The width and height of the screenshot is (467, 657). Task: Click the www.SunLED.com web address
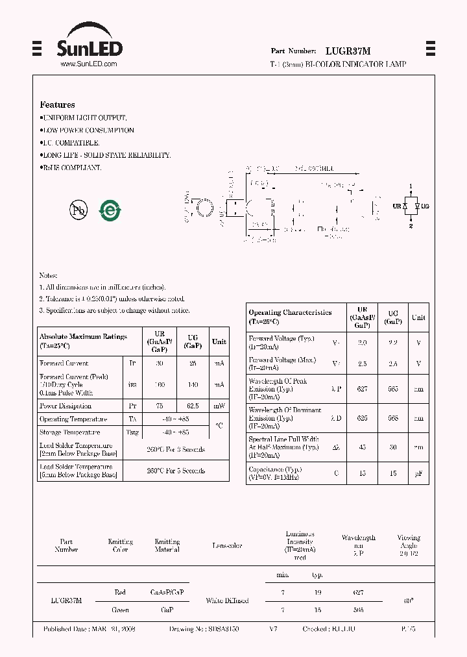pos(88,64)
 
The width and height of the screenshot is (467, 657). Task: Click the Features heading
pos(57,105)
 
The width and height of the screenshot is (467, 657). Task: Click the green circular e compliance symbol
pos(110,210)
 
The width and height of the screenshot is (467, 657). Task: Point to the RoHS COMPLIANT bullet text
pos(71,168)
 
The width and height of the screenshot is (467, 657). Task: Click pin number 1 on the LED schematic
pos(411,186)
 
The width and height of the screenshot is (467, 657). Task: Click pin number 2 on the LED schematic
pos(411,226)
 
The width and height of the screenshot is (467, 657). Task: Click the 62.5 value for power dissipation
pos(193,406)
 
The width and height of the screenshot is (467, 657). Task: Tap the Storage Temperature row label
pos(70,432)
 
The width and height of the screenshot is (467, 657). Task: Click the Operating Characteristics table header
pos(290,317)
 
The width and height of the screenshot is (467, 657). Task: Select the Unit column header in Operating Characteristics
pos(418,317)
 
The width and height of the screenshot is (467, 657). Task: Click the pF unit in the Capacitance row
pos(418,473)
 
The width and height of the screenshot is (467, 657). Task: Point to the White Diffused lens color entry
pos(227,601)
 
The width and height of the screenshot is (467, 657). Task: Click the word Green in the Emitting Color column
pos(120,610)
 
